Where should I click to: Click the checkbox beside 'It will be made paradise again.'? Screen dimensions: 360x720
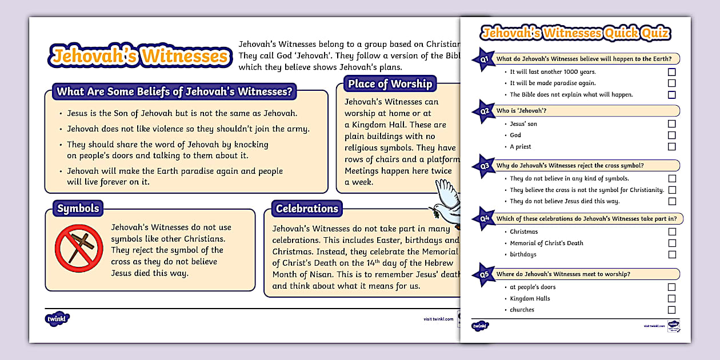coord(672,83)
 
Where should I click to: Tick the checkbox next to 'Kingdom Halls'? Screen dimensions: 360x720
coord(672,298)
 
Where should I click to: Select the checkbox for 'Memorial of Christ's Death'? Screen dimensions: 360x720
coord(672,243)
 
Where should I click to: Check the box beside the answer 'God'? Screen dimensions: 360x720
coord(672,135)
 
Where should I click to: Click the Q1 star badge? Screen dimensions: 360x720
coord(483,59)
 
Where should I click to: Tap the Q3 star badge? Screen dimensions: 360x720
coord(483,166)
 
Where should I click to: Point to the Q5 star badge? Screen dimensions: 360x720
coord(483,275)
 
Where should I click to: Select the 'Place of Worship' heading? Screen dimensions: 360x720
coord(390,84)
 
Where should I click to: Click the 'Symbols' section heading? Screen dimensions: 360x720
coord(78,209)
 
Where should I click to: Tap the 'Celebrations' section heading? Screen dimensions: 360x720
coord(307,209)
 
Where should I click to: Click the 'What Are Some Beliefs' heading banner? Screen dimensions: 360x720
coord(174,91)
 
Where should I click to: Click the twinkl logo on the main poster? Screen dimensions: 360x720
coord(57,318)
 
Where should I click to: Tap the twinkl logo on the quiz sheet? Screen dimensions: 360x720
coord(480,326)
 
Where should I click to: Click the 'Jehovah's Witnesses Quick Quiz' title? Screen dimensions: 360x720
coord(576,33)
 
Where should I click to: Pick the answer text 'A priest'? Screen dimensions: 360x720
coord(521,147)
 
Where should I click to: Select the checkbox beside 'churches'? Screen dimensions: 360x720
coord(672,310)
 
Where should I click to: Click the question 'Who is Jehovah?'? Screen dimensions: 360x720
coord(514,110)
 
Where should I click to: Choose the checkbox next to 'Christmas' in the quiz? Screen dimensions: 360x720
coord(672,231)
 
